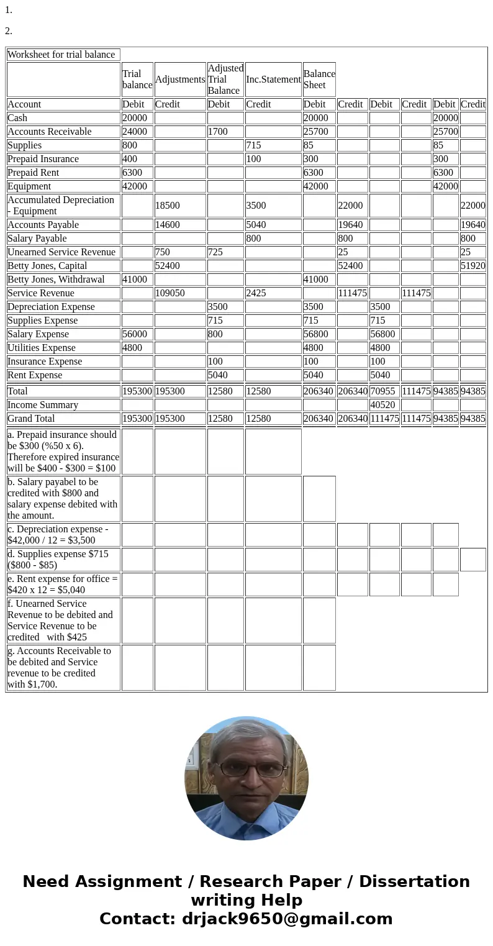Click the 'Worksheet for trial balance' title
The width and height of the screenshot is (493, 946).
tap(61, 55)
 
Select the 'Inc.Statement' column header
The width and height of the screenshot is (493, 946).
tap(273, 80)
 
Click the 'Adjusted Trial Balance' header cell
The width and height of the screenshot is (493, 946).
tap(225, 80)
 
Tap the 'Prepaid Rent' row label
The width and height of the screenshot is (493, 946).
tap(34, 173)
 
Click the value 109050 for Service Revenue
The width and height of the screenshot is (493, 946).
tap(170, 293)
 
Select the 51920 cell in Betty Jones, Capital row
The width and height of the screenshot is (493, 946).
tap(473, 266)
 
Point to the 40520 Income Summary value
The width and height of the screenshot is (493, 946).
tap(383, 405)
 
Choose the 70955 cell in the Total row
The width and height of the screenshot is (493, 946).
tap(382, 391)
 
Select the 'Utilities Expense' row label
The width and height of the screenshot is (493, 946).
tap(42, 348)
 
